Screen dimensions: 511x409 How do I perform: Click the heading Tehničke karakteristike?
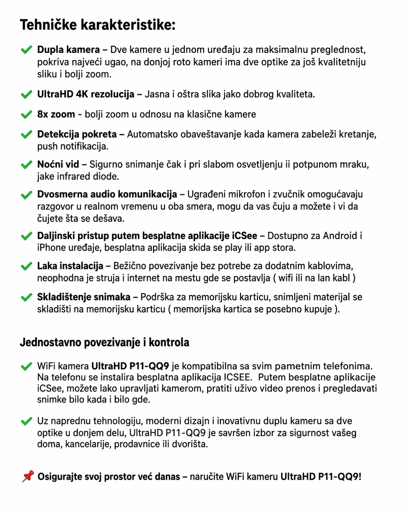97,25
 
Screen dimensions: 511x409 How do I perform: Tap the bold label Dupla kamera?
69,50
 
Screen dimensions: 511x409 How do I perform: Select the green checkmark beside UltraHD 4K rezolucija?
27,95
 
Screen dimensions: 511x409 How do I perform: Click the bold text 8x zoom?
56,114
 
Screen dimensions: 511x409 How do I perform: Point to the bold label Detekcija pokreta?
77,134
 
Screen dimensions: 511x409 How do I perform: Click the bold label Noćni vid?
58,164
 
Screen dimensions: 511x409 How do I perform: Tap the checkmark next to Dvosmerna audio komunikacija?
27,195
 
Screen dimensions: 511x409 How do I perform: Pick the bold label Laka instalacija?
70,266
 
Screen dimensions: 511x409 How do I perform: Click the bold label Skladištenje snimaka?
83,297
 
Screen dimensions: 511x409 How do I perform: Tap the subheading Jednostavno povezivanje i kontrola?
105,343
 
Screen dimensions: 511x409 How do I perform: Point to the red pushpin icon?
28,476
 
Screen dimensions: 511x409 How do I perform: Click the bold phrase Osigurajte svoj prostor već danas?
109,477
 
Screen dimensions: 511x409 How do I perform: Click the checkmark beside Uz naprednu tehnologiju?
27,422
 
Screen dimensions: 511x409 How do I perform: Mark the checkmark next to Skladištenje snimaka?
27,298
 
